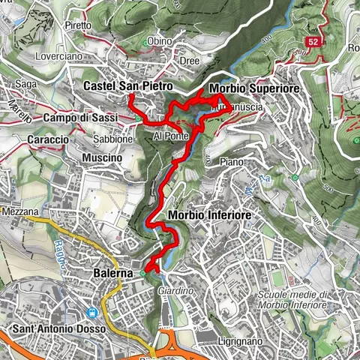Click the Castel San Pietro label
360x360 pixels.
120,86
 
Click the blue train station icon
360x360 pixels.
92,313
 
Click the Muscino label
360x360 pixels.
103,158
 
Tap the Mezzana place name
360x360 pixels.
19,212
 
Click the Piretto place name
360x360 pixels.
77,25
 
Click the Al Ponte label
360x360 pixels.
168,136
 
